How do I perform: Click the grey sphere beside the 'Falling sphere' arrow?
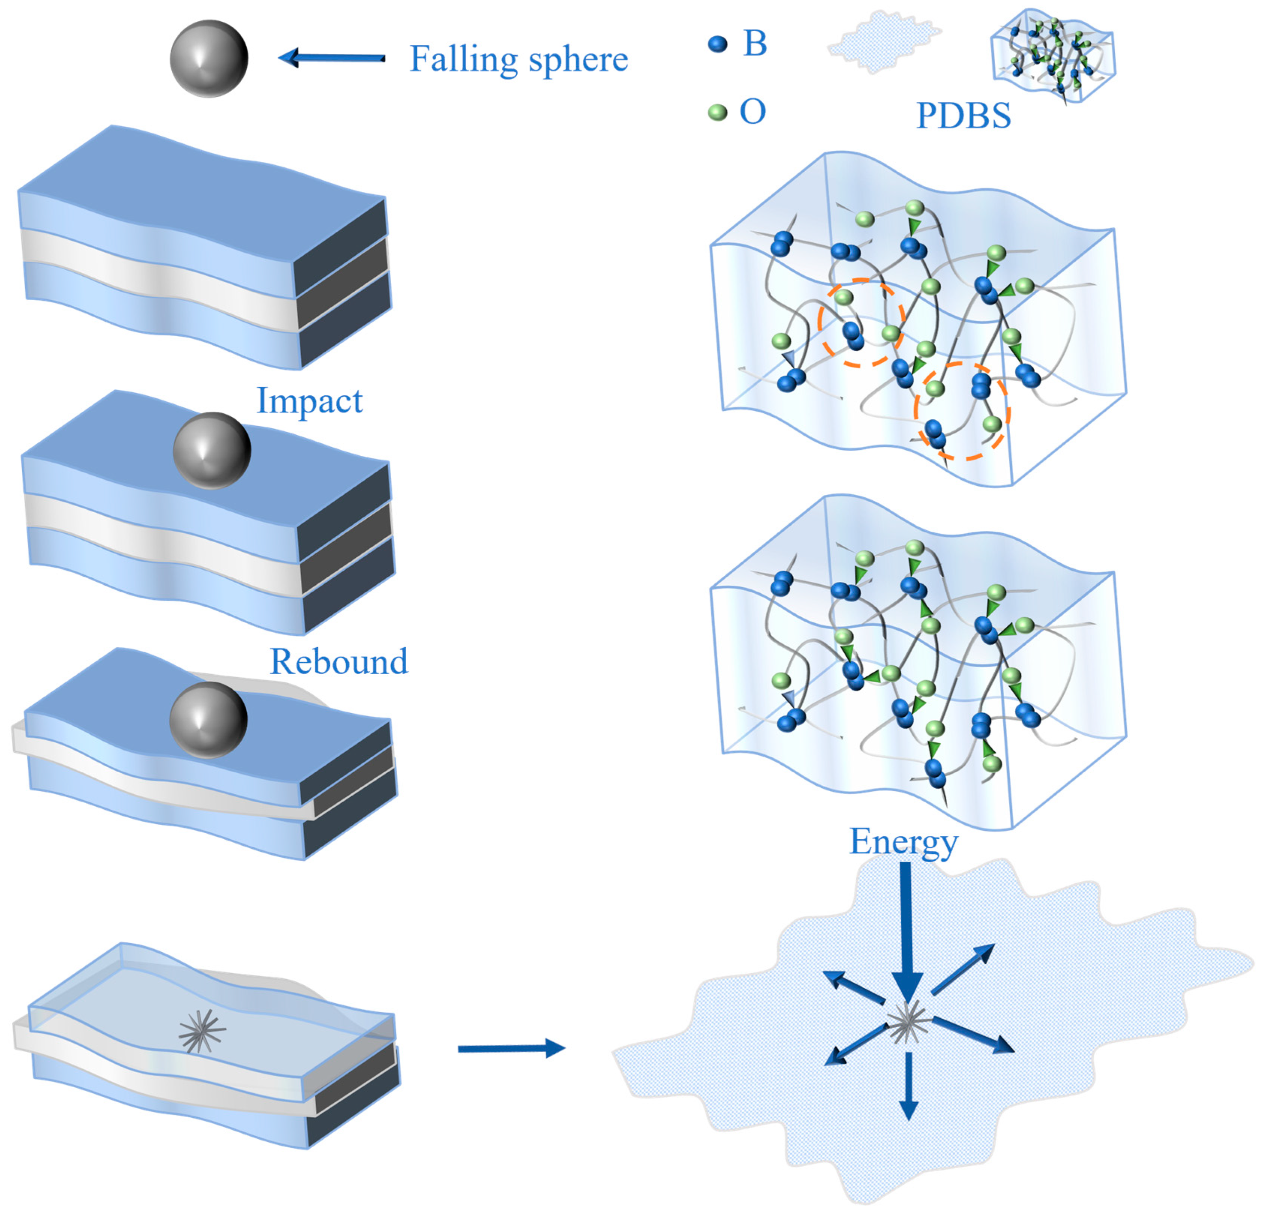(208, 59)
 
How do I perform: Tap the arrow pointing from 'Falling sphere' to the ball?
(332, 58)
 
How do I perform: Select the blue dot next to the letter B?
(717, 44)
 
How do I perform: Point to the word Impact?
(309, 401)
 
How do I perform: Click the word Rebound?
(339, 661)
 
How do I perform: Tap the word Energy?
(904, 842)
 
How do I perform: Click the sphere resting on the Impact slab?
(212, 450)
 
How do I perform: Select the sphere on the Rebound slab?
(208, 719)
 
